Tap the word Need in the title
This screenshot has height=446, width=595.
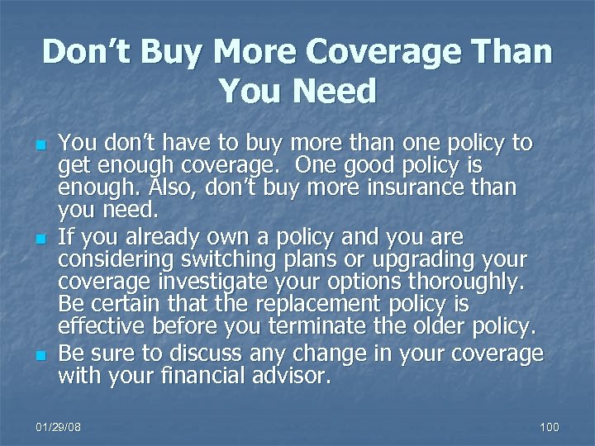[331, 91]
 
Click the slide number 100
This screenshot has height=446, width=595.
[549, 426]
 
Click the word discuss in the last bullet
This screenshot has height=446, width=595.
[206, 354]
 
